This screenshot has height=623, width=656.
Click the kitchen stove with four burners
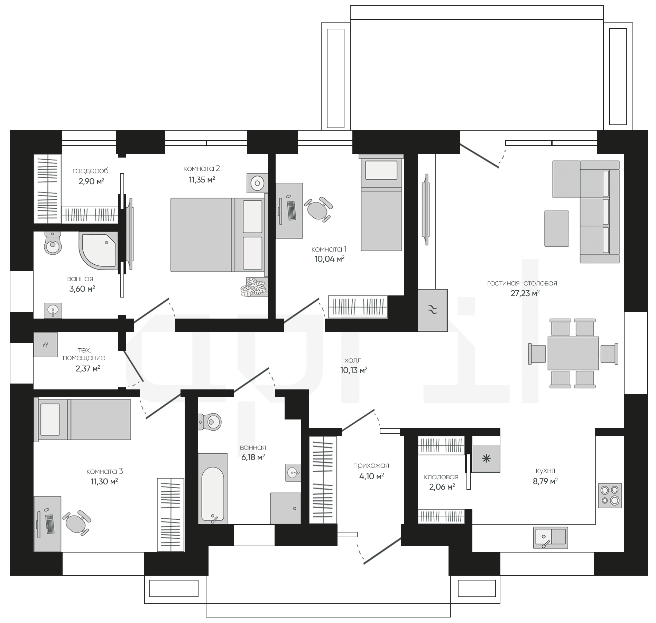pos(610,495)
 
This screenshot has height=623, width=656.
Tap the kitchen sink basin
pos(551,538)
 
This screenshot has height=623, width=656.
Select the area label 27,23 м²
pos(525,293)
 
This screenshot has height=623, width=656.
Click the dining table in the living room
pos(573,353)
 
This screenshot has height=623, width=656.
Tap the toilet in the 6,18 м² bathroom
pos(210,422)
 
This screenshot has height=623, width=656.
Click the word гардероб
pos(90,171)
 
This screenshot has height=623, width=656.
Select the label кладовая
pos(441,477)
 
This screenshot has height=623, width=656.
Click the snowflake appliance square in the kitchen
pos(486,459)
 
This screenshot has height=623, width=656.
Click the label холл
pos(353,360)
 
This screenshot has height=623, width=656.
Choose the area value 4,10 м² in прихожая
pos(372,476)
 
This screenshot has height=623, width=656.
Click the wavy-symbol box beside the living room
pos(433,310)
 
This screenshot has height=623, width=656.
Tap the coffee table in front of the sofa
pos(557,228)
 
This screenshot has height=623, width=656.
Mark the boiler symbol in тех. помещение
pos(46,344)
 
